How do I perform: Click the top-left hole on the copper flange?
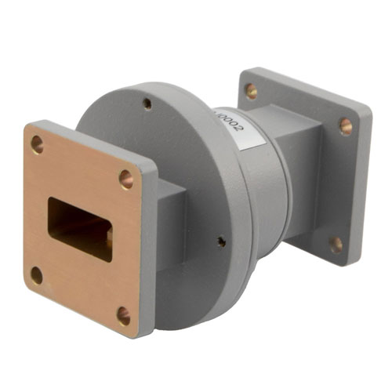[37, 143]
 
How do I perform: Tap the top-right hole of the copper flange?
[125, 180]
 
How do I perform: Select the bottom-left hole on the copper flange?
[36, 275]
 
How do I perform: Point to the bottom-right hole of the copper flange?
[124, 315]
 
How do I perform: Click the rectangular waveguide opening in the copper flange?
[80, 228]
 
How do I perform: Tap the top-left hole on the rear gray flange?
[251, 91]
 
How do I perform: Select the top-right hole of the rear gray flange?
[345, 125]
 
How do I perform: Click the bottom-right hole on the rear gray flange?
[336, 244]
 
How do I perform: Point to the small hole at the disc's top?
[147, 103]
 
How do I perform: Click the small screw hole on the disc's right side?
[221, 241]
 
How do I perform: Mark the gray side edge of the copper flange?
[147, 251]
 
